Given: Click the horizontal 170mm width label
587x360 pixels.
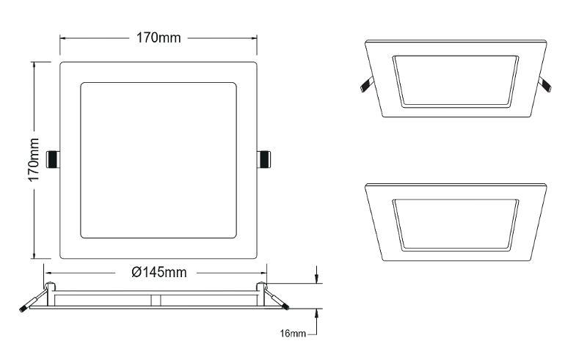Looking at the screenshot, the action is click(x=158, y=38).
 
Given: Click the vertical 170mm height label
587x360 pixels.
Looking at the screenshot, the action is click(x=34, y=160).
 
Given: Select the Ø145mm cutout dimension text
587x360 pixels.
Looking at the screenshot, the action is click(x=159, y=272).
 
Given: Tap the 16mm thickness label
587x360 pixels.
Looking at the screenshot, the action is click(x=293, y=333).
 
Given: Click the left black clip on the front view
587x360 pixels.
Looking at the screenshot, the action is click(x=52, y=159).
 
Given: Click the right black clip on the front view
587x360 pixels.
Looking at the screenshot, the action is click(x=264, y=159).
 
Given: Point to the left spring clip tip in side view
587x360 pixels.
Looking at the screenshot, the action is click(x=23, y=309).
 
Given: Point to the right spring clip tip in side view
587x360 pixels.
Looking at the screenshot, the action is click(x=285, y=307).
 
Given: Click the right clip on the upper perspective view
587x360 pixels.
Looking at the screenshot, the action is click(x=545, y=84).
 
